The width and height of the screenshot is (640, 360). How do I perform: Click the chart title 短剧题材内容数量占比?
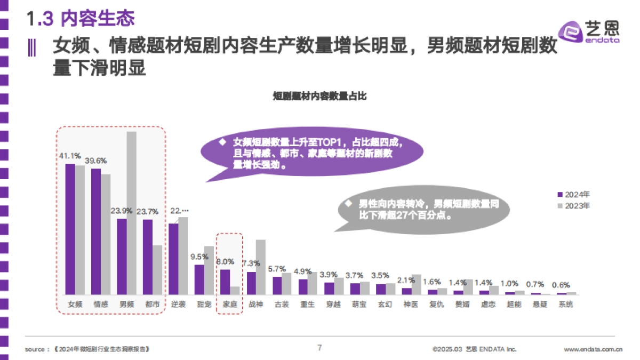pos(319,97)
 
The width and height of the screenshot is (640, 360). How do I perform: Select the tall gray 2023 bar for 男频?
pos(131,213)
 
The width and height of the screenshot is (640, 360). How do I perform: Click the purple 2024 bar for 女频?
pos(70,229)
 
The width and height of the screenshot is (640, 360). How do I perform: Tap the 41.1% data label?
pos(70,156)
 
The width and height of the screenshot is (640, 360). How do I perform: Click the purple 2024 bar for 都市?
pos(147,257)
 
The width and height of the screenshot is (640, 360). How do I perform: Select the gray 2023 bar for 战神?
pos(260,267)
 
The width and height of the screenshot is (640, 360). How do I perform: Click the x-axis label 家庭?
pos(230,305)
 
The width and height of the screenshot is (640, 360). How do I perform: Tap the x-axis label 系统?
pos(566,305)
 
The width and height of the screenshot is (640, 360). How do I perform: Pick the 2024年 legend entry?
pos(573,194)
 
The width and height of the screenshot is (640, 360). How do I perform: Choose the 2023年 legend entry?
pos(573,205)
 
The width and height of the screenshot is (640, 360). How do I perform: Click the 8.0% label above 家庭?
pos(225,261)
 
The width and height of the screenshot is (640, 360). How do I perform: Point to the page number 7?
pos(319,348)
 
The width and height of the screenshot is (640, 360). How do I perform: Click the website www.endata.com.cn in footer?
pos(593,350)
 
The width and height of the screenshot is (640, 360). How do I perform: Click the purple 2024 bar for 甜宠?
pos(199,279)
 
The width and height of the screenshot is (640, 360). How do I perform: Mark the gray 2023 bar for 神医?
pos(417,284)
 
